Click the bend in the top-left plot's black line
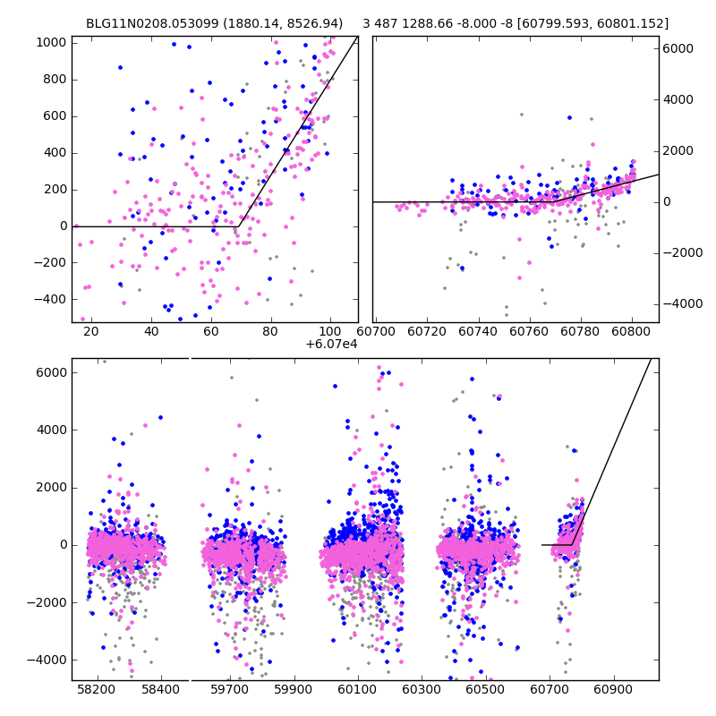(238, 226)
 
